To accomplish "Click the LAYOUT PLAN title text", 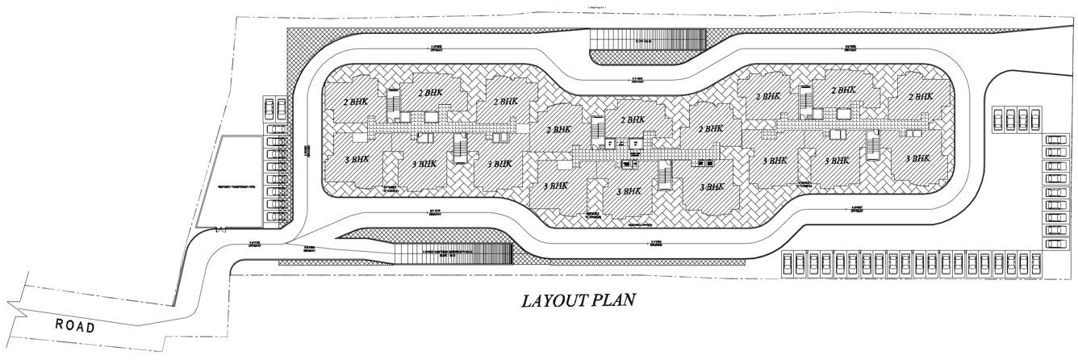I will [x=579, y=301].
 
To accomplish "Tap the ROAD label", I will [x=75, y=326].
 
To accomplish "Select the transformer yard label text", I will [x=236, y=186].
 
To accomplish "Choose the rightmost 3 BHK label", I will [x=919, y=159].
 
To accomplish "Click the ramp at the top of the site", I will [x=649, y=39].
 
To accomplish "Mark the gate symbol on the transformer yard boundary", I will [x=219, y=228].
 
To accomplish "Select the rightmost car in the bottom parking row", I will [x=1035, y=263].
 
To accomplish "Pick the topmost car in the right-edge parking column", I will [x=1055, y=140].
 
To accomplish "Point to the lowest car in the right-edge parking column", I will [x=1055, y=243].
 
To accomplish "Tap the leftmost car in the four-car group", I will [x=997, y=120].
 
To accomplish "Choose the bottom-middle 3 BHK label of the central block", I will [x=629, y=191].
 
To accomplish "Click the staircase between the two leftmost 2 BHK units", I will [x=394, y=103].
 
